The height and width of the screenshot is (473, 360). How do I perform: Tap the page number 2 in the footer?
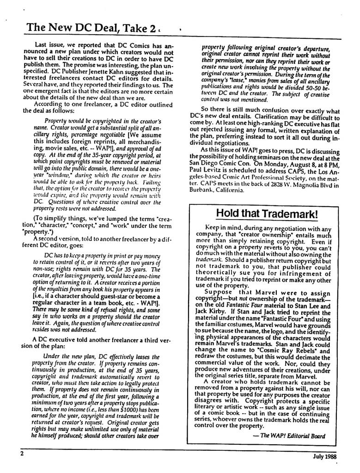[x=22, y=454]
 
